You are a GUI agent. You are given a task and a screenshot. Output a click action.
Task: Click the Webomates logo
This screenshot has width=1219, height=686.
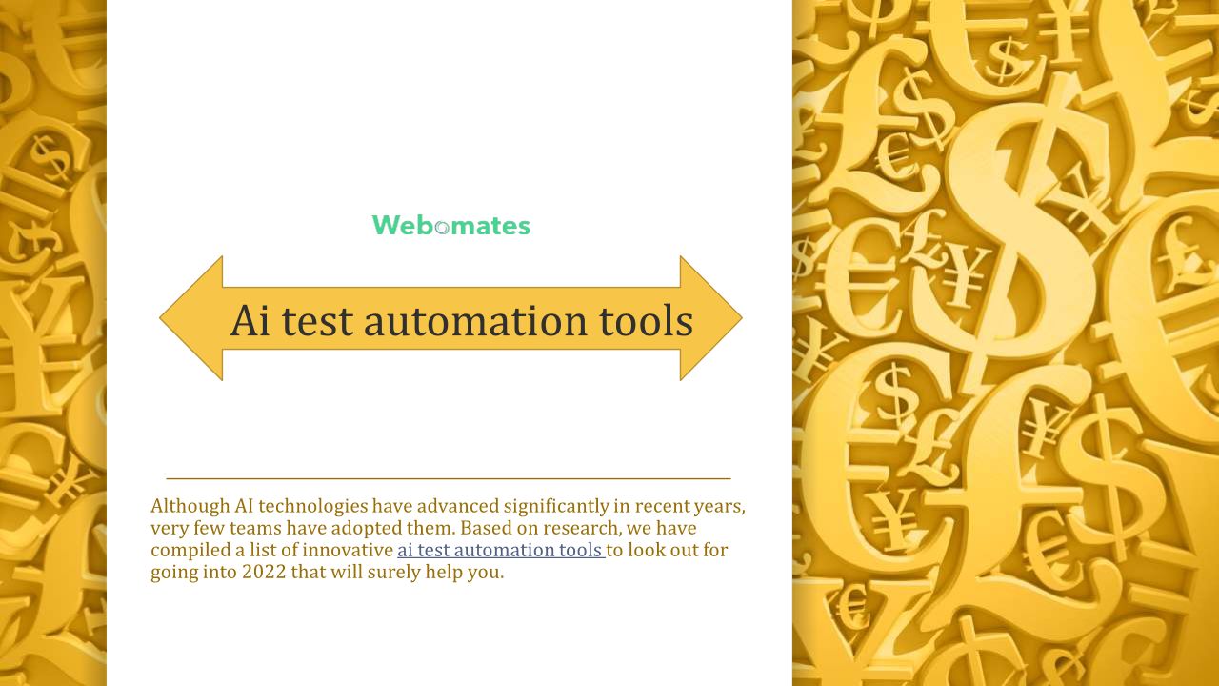(x=451, y=226)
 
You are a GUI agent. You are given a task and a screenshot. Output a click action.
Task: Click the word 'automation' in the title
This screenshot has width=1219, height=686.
(x=475, y=321)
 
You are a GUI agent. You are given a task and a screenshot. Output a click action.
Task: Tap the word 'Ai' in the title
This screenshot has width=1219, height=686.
(x=250, y=320)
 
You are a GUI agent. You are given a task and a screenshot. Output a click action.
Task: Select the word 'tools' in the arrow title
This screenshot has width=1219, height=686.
(x=646, y=320)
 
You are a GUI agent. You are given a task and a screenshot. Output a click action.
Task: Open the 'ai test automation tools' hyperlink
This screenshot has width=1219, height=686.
(x=501, y=550)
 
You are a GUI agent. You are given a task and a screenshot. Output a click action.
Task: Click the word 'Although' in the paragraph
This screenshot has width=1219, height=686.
(x=190, y=506)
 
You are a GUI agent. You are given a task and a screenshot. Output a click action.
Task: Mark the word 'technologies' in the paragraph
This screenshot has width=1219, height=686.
(x=313, y=506)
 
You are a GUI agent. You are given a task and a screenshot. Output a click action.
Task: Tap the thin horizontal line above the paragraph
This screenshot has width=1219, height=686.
(x=449, y=478)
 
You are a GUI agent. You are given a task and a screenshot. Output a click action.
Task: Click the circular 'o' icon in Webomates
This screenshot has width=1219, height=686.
(x=442, y=228)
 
